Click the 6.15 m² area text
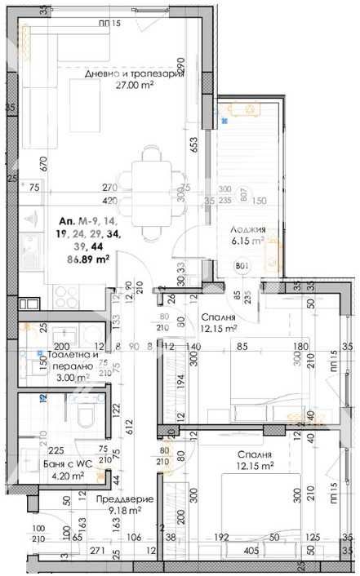[247, 241]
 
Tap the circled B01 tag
[241, 265]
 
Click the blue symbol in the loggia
[224, 121]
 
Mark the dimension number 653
[194, 144]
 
